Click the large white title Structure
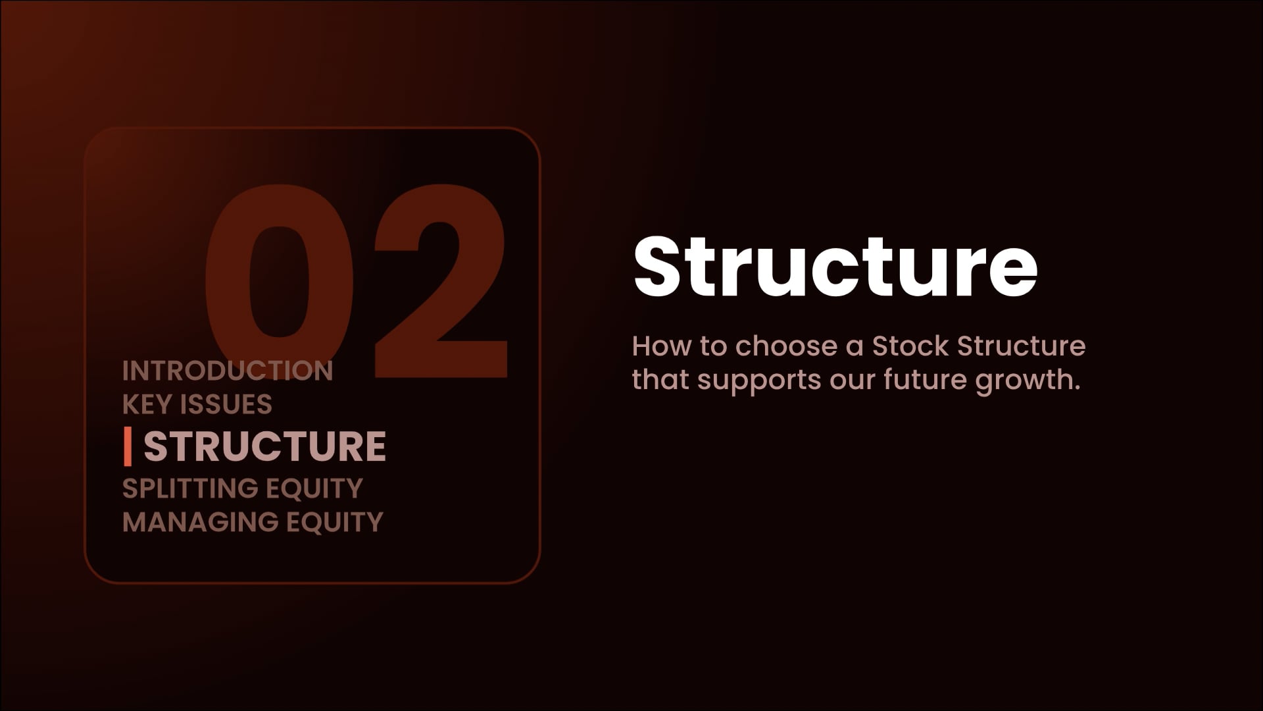tap(835, 266)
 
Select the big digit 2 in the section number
tap(441, 282)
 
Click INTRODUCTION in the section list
tap(228, 371)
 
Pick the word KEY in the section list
tap(147, 404)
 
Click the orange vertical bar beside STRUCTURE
tap(128, 446)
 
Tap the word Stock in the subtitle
tap(910, 346)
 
